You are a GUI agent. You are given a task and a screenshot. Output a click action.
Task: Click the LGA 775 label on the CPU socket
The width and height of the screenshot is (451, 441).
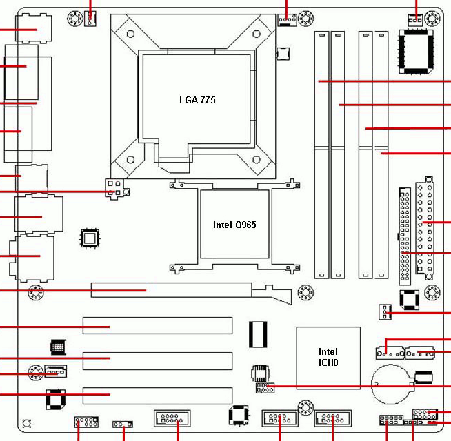pyautogui.click(x=197, y=100)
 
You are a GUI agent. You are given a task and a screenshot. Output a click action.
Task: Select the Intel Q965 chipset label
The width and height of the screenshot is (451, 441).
pyautogui.click(x=234, y=225)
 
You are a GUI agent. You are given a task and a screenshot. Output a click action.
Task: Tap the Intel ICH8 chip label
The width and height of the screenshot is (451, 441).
pyautogui.click(x=328, y=357)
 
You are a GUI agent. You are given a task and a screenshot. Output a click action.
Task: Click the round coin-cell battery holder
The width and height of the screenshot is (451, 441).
pyautogui.click(x=392, y=384)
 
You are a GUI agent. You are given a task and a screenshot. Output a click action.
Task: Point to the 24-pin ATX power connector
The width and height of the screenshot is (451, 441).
pyautogui.click(x=425, y=228)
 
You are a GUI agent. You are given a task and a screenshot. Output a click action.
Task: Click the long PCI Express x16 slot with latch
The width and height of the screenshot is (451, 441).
pyautogui.click(x=191, y=291)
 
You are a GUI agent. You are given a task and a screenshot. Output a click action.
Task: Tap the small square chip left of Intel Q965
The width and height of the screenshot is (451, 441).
pyautogui.click(x=90, y=238)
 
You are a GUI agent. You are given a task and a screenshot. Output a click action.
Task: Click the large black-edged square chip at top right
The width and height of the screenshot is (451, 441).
pyautogui.click(x=416, y=52)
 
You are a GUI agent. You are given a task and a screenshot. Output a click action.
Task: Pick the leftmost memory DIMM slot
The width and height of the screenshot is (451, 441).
pyautogui.click(x=321, y=154)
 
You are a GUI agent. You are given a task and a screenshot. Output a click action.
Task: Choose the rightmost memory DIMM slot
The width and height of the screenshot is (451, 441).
pyautogui.click(x=381, y=154)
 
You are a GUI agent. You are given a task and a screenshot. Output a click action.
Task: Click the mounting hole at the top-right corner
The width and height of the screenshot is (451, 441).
pyautogui.click(x=432, y=19)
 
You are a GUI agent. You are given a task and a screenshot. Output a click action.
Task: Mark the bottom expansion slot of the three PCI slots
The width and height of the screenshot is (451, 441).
pyautogui.click(x=158, y=396)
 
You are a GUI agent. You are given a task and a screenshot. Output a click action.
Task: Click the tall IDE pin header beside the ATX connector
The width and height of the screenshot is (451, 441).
pyautogui.click(x=405, y=236)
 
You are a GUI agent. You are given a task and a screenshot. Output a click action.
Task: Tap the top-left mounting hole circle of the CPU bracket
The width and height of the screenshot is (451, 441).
pyautogui.click(x=130, y=34)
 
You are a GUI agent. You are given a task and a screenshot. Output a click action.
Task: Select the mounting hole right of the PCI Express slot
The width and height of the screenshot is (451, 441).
pyautogui.click(x=305, y=292)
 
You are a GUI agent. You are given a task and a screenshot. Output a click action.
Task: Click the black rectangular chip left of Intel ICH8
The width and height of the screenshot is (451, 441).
pyautogui.click(x=258, y=335)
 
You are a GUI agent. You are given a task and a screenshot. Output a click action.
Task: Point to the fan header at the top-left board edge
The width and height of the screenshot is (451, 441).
pyautogui.click(x=90, y=19)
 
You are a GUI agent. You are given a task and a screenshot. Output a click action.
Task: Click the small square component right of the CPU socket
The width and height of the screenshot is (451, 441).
pyautogui.click(x=283, y=54)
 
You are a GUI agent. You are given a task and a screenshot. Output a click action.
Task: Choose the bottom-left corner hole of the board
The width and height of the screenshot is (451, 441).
pyautogui.click(x=26, y=424)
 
